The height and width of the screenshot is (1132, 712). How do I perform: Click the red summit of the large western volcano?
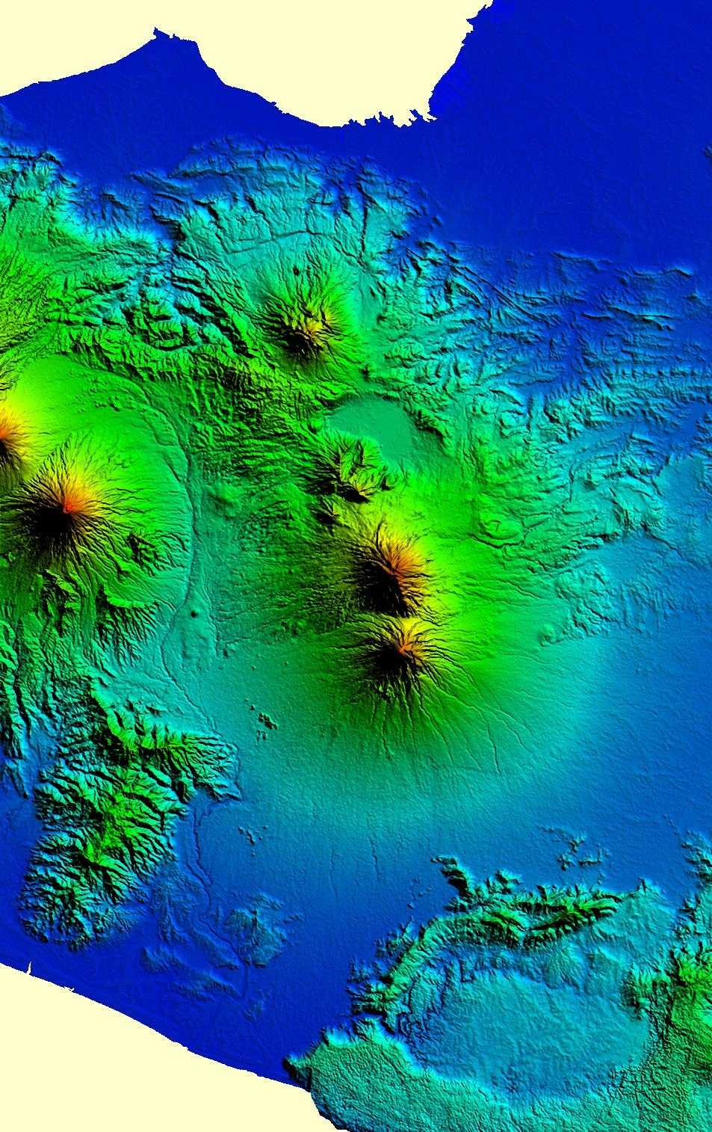pos(67,508)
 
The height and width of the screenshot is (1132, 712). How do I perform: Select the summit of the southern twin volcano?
pos(403,647)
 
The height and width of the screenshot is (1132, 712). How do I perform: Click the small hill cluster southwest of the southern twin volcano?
pos(264,721)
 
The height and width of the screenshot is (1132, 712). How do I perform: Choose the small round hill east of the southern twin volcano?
pos(549,636)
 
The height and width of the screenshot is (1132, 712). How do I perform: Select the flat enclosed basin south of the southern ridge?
pos(523,1024)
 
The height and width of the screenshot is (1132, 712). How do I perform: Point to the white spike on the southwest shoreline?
pos(28,969)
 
